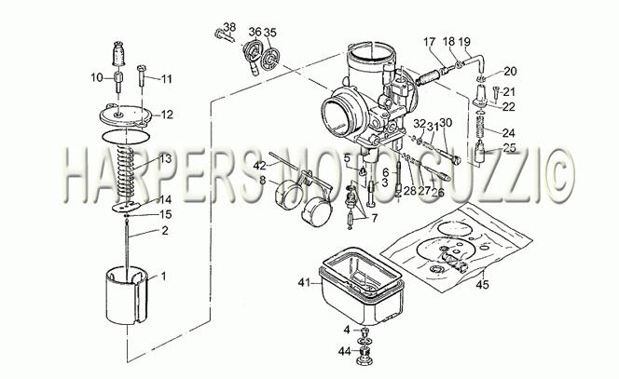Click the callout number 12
pyautogui.click(x=167, y=115)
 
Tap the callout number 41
pyautogui.click(x=304, y=282)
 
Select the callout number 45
pyautogui.click(x=482, y=284)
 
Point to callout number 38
pyautogui.click(x=229, y=27)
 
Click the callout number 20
pyautogui.click(x=510, y=72)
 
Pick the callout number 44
pyautogui.click(x=345, y=351)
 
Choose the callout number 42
pyautogui.click(x=260, y=166)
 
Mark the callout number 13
pyautogui.click(x=166, y=158)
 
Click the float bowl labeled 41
pyautogui.click(x=361, y=286)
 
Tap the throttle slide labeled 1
pyautogui.click(x=127, y=295)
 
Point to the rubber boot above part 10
pyautogui.click(x=118, y=53)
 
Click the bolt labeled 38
pyautogui.click(x=225, y=36)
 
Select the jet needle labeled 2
pyautogui.click(x=127, y=246)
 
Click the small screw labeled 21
pyautogui.click(x=495, y=93)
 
